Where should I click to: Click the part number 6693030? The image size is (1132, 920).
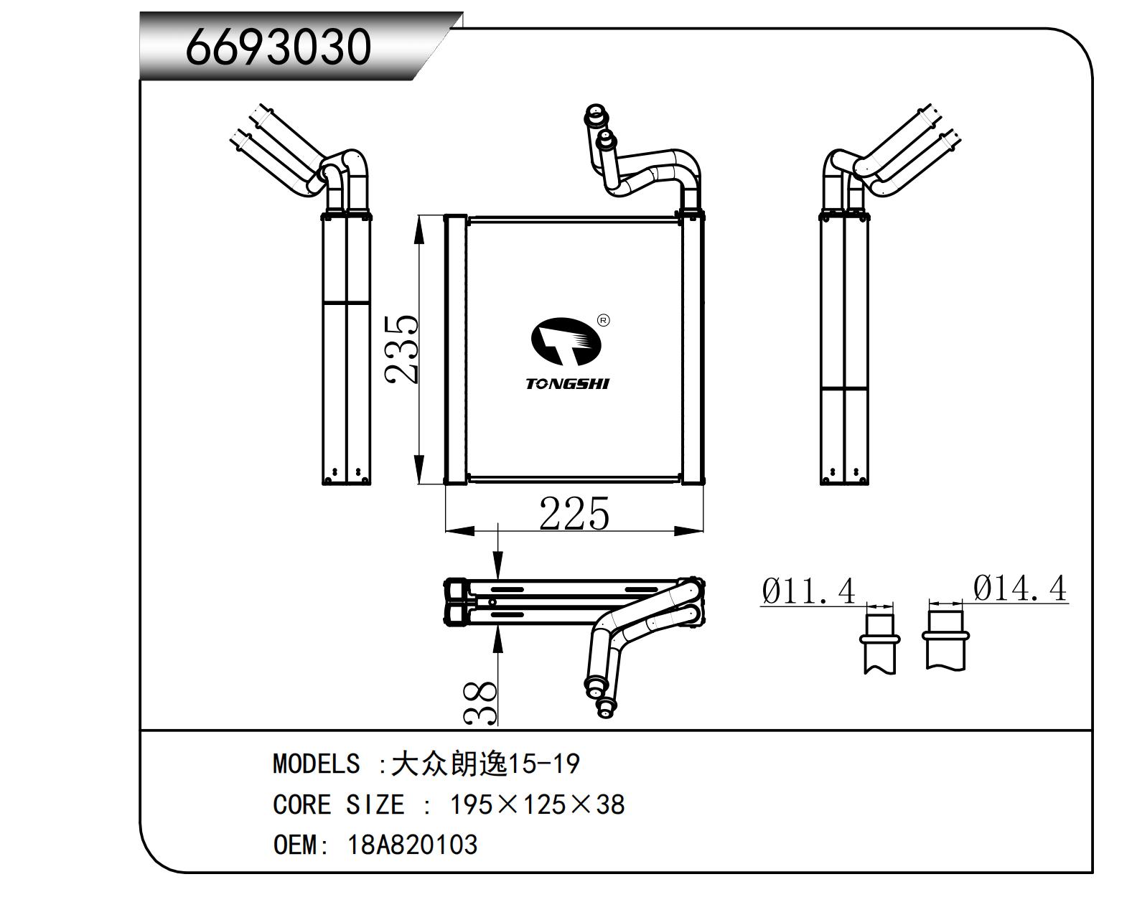[279, 47]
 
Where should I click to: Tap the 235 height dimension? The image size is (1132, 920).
[401, 349]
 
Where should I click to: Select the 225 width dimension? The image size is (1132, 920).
[574, 514]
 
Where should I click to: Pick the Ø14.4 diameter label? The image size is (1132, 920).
[1020, 589]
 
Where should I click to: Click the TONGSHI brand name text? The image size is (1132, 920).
[567, 384]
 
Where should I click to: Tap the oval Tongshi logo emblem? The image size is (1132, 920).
[565, 344]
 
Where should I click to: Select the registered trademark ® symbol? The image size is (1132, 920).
[603, 321]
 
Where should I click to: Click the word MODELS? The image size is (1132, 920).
[316, 764]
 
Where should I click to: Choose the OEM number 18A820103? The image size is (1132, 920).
[412, 845]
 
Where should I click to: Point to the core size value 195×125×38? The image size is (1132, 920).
[537, 804]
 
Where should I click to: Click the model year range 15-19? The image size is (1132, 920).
[543, 764]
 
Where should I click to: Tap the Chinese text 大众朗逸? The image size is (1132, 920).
[449, 764]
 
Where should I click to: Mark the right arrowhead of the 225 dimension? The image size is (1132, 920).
[693, 531]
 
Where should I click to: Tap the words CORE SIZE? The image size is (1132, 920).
[338, 804]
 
